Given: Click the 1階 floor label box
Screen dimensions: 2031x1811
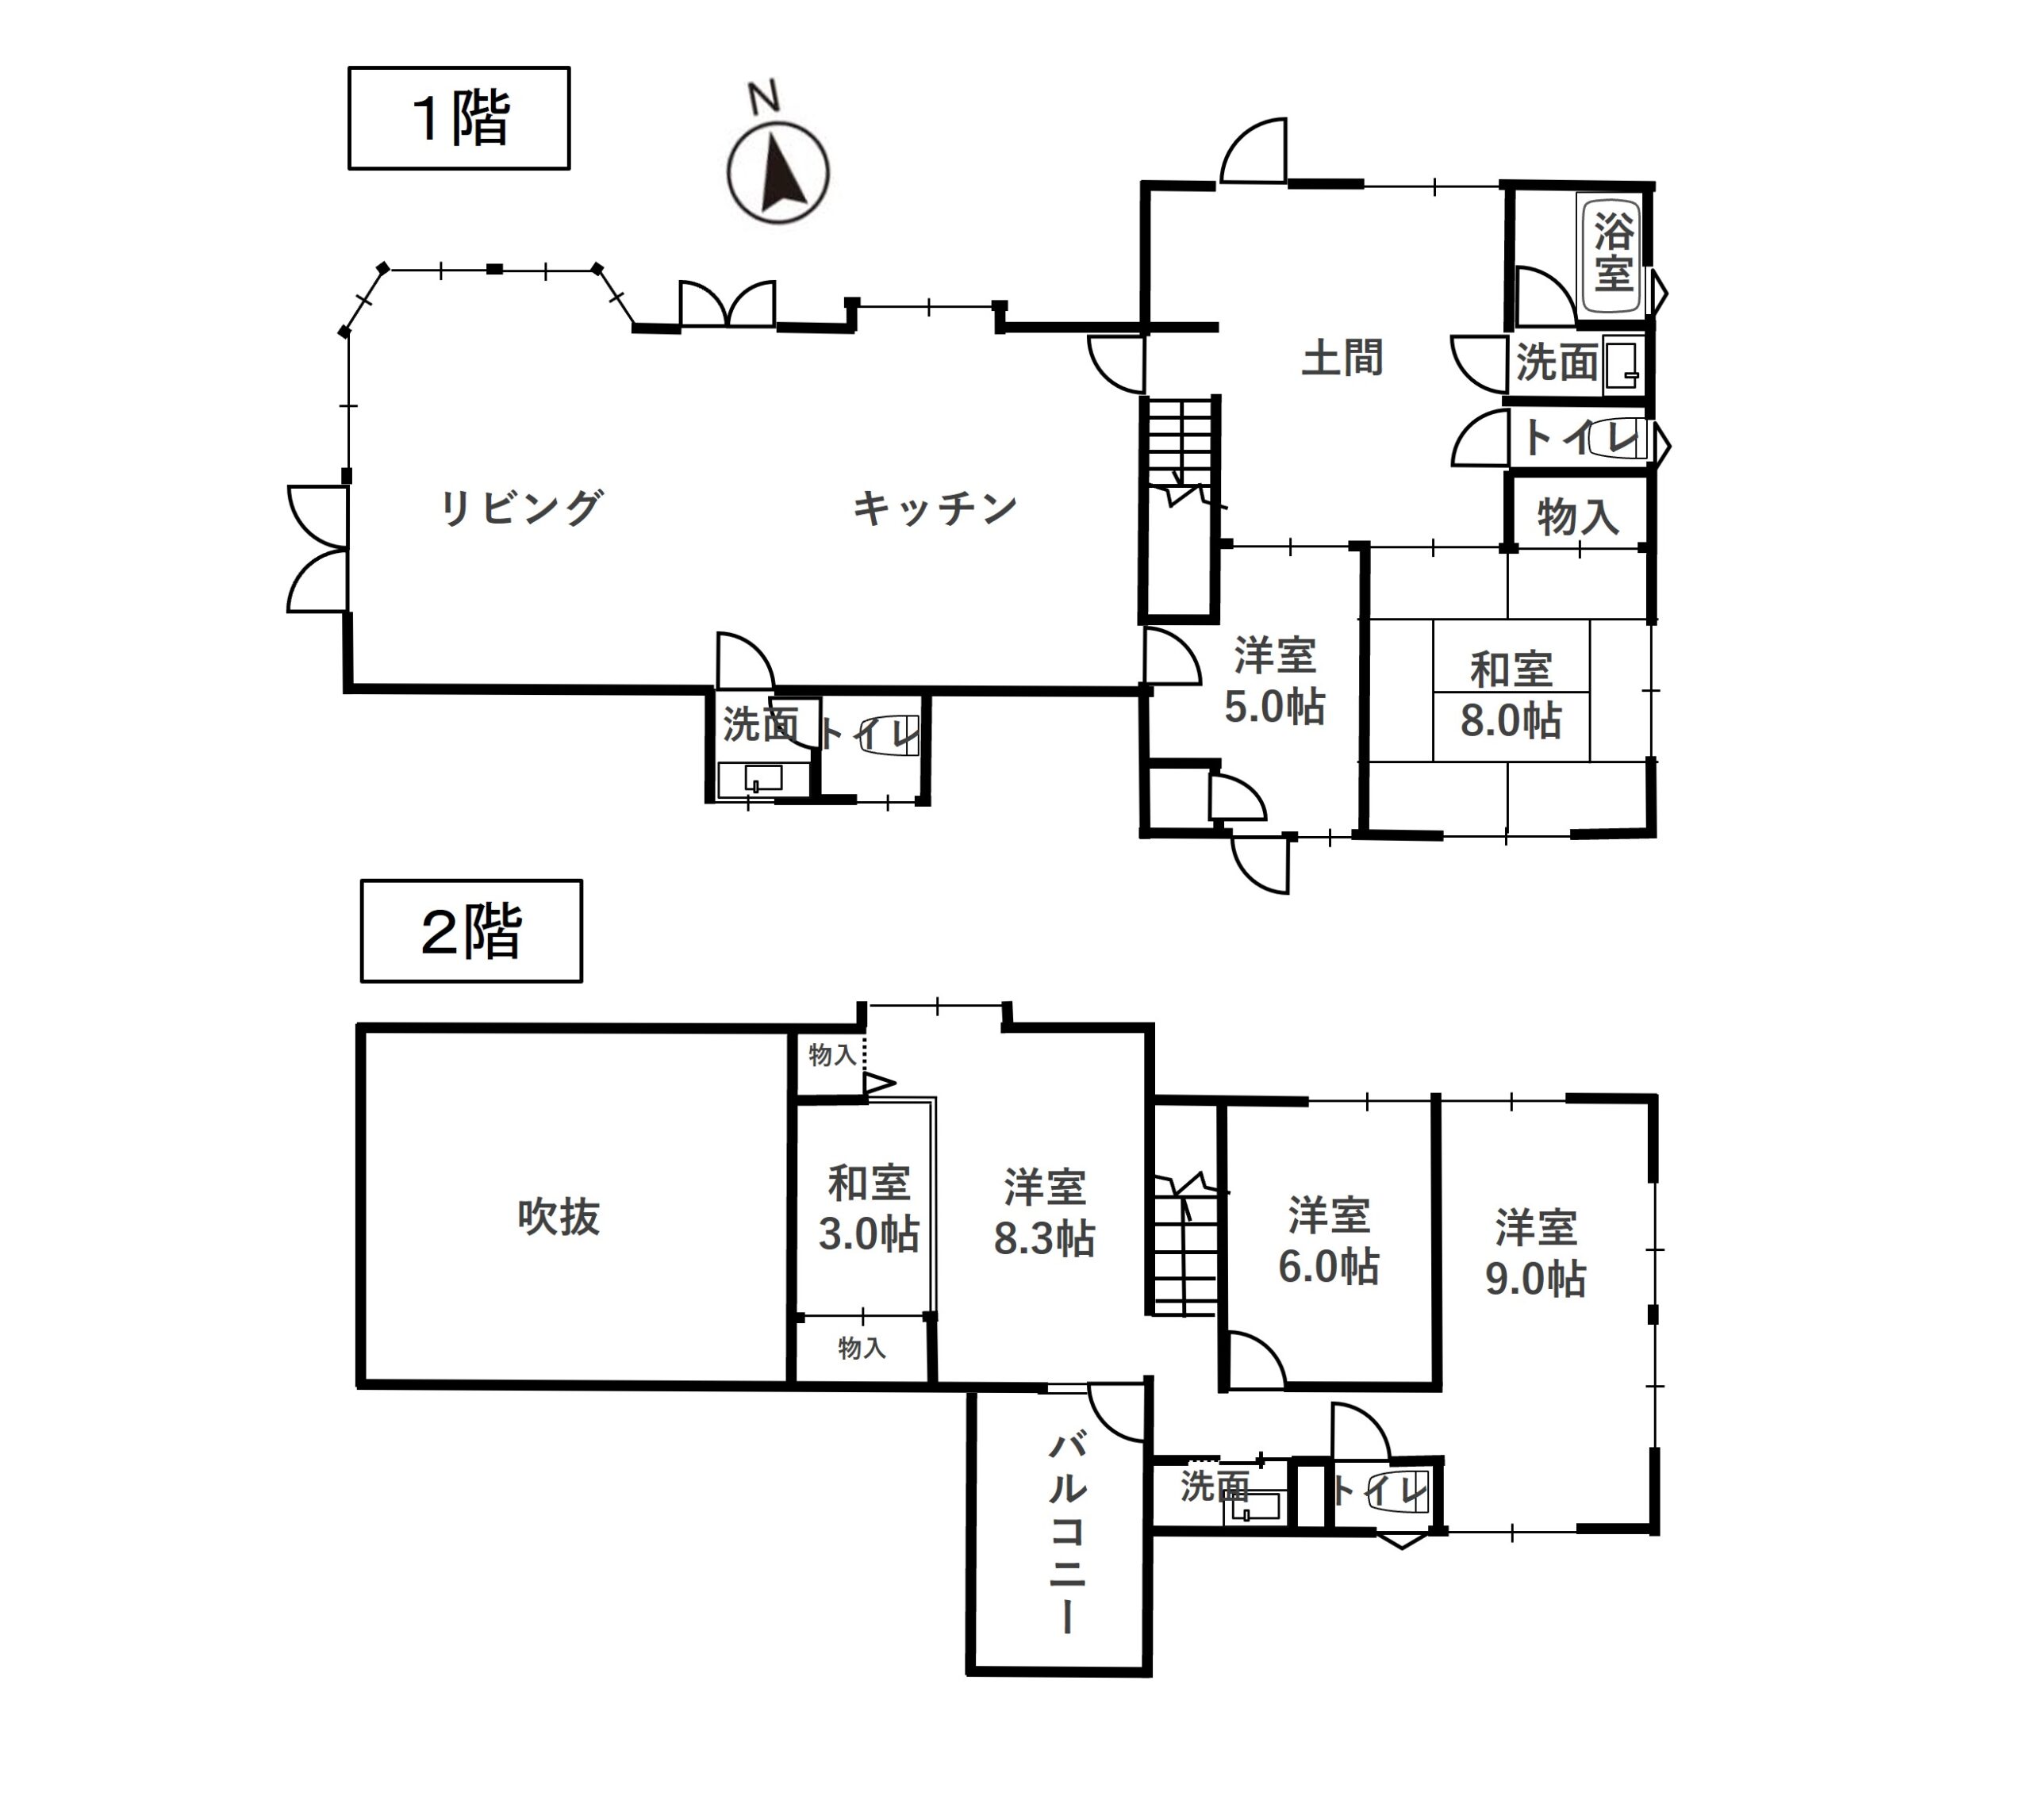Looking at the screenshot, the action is [x=459, y=118].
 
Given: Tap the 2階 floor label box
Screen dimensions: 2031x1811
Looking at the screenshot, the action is [x=472, y=931].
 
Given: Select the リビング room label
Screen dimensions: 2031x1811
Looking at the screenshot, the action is [x=521, y=508].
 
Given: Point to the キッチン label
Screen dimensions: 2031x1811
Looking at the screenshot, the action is [x=935, y=508].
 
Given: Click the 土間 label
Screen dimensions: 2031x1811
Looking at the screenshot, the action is [x=1342, y=357].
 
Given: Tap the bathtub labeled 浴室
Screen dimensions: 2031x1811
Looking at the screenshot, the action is [x=1612, y=254].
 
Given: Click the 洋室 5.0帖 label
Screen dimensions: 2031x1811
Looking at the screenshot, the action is [x=1275, y=681].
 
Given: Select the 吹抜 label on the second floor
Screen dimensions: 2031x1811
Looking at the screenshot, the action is [x=559, y=1217].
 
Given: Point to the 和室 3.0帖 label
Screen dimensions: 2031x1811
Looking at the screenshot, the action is [x=869, y=1208].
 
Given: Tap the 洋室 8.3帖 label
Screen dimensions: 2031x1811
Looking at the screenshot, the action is [x=1045, y=1213].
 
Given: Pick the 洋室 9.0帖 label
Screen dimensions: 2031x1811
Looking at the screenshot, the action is [x=1535, y=1253].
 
